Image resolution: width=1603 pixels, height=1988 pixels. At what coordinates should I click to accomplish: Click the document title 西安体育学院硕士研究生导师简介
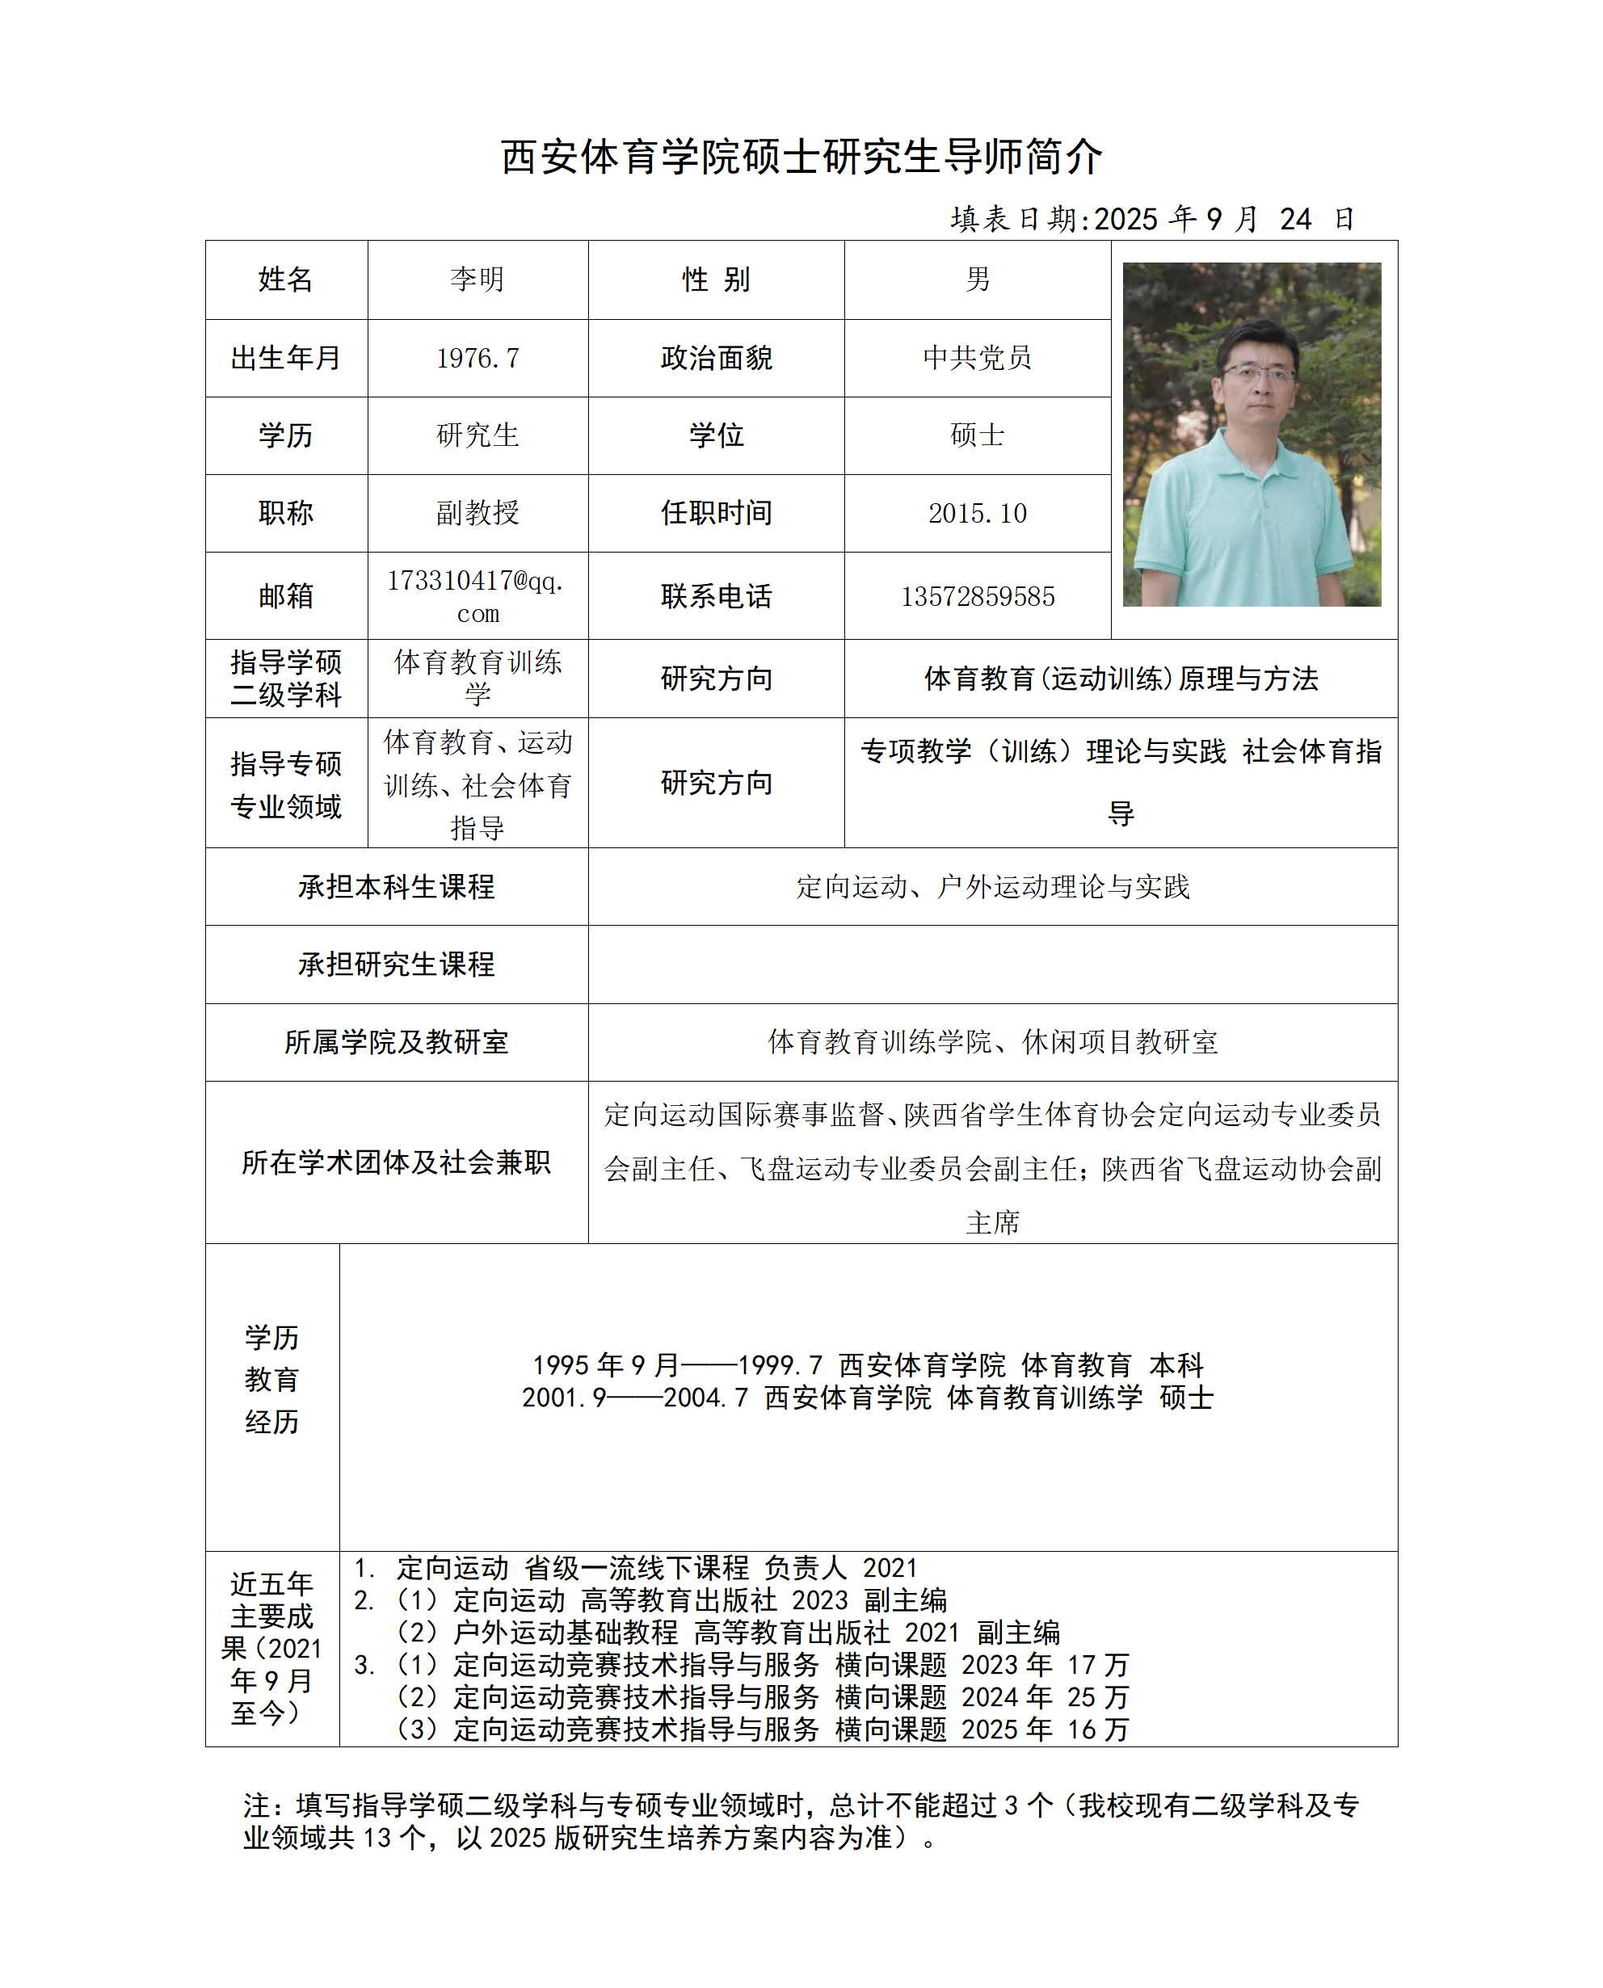pos(801,157)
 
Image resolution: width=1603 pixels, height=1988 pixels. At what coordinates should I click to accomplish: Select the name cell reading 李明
pos(478,279)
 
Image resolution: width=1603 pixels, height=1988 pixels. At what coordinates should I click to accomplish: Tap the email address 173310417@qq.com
pos(477,596)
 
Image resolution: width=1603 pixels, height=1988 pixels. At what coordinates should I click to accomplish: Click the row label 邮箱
pos(286,596)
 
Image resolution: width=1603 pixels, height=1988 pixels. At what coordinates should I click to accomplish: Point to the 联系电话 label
pos(716,596)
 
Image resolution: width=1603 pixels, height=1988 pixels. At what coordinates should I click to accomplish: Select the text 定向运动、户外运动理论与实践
pos(993,887)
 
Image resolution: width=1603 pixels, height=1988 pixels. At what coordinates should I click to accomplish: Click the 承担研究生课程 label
pos(396,965)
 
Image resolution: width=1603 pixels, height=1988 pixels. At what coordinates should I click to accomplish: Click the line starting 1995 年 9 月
pos(867,1364)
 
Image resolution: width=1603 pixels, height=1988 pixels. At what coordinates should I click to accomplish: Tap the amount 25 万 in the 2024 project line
pos(1098,1697)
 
